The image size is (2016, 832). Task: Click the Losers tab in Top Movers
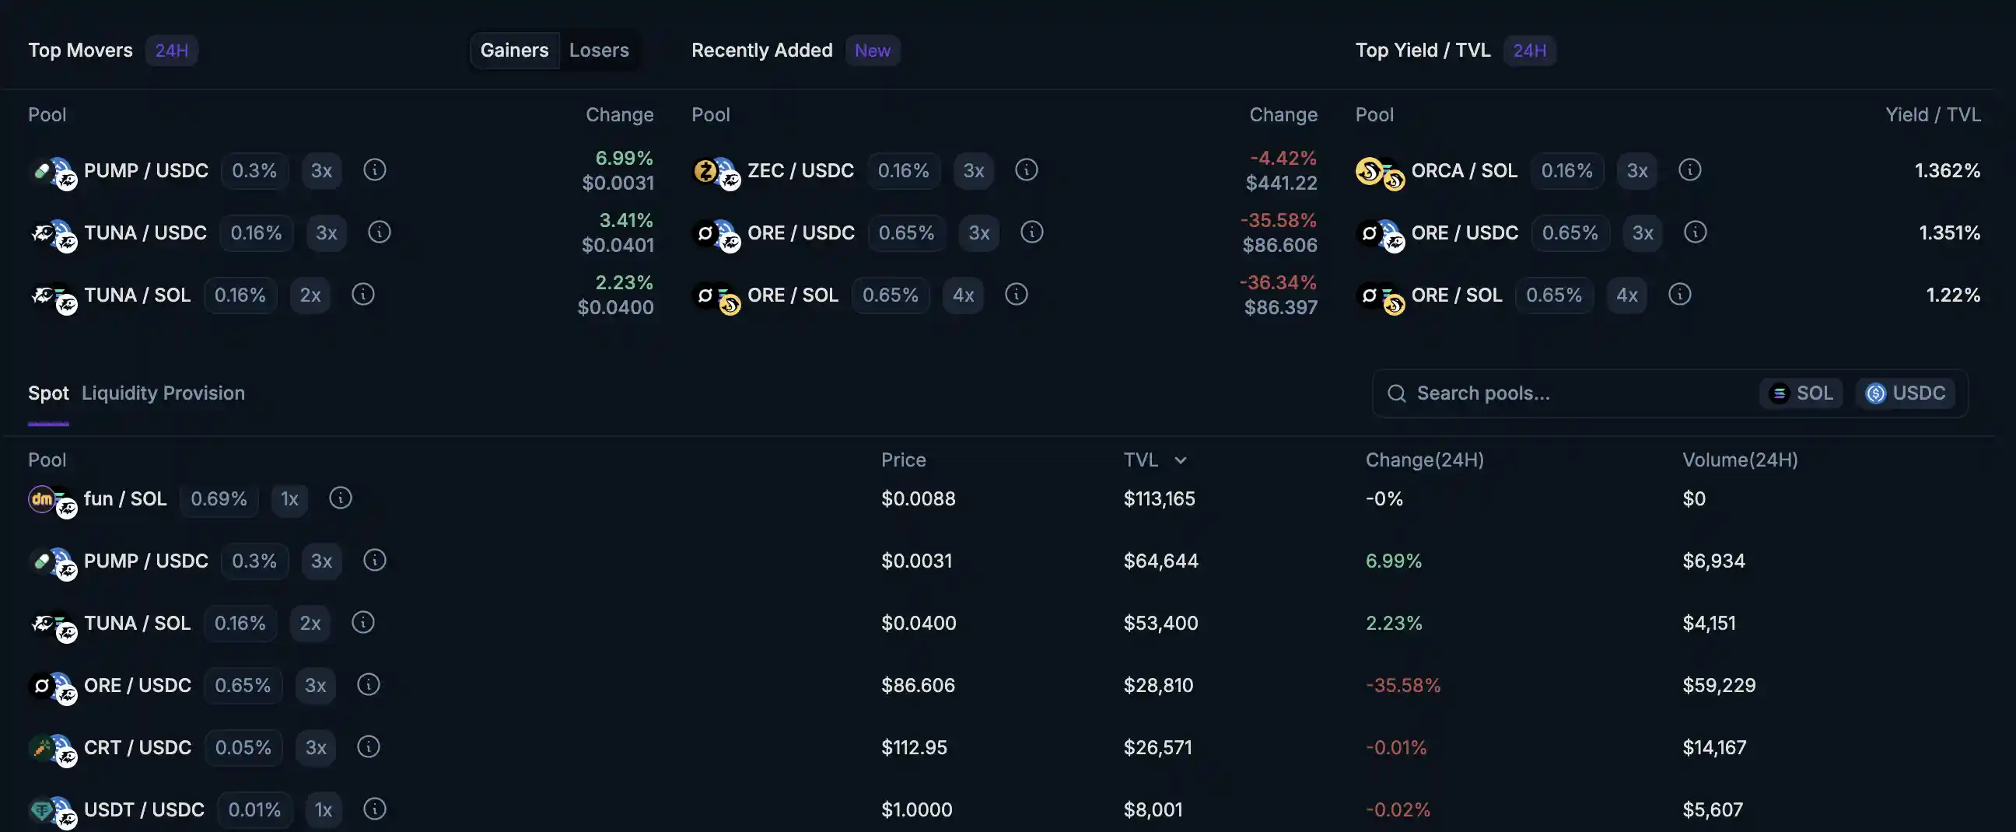pyautogui.click(x=599, y=50)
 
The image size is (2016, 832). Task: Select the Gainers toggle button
pyautogui.click(x=514, y=50)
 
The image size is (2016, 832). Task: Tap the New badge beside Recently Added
pyautogui.click(x=872, y=50)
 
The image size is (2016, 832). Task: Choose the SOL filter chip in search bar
pyautogui.click(x=1801, y=393)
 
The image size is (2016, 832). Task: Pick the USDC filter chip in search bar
pyautogui.click(x=1906, y=393)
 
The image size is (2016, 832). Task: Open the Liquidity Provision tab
pyautogui.click(x=163, y=393)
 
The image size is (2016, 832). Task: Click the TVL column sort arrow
pyautogui.click(x=1180, y=460)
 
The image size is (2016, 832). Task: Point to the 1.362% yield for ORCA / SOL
pyautogui.click(x=1946, y=170)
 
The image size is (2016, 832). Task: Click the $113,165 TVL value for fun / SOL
pyautogui.click(x=1159, y=498)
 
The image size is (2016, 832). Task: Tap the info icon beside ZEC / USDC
pyautogui.click(x=1026, y=170)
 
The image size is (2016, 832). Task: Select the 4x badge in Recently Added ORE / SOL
pyautogui.click(x=963, y=295)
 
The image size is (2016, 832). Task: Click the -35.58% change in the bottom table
pyautogui.click(x=1402, y=685)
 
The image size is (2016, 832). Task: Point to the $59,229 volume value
pyautogui.click(x=1719, y=685)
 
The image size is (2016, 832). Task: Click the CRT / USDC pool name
pyautogui.click(x=138, y=747)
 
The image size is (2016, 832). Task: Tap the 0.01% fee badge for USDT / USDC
pyautogui.click(x=254, y=809)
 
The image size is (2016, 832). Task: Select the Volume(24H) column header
pyautogui.click(x=1740, y=460)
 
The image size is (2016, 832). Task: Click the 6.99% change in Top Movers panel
pyautogui.click(x=624, y=158)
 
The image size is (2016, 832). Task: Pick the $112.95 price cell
pyautogui.click(x=914, y=747)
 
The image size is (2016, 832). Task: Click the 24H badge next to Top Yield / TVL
pyautogui.click(x=1529, y=50)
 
